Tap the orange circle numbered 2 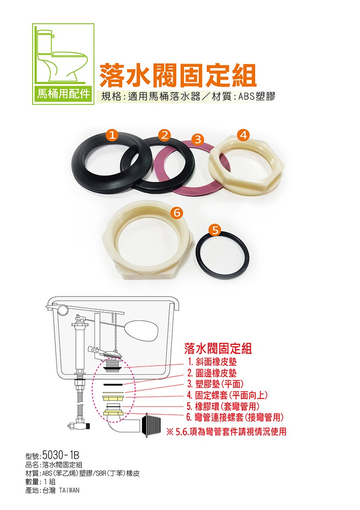pos(165,135)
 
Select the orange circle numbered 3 pos(198,139)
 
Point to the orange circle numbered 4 pos(244,135)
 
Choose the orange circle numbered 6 pos(178,213)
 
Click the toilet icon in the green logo pos(61,55)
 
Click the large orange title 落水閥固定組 pos(178,75)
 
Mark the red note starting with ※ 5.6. pos(226,432)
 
